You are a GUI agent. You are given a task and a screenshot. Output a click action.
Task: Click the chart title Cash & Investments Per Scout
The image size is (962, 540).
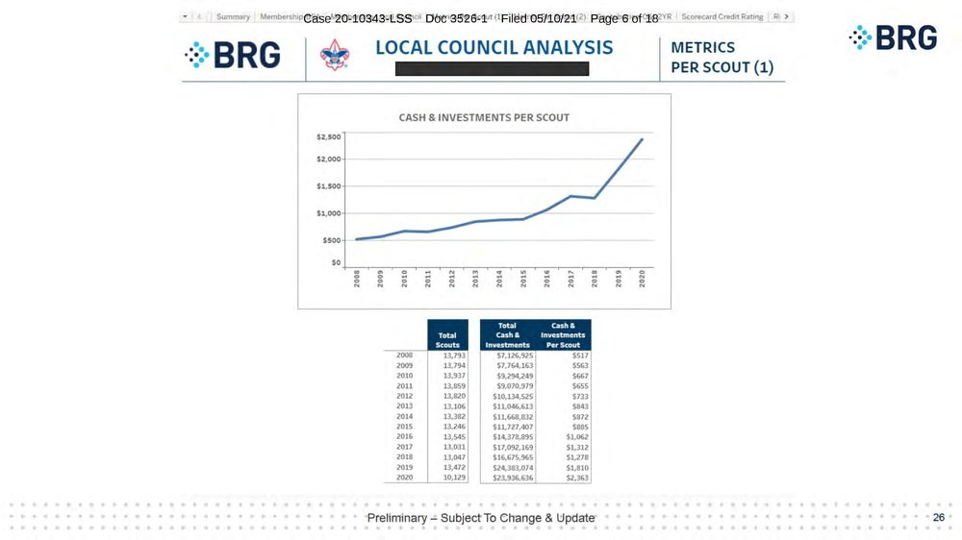[x=484, y=117]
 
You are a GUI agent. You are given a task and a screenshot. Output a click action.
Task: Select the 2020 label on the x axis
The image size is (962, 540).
[x=642, y=279]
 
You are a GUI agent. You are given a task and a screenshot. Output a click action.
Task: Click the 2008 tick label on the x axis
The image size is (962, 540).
[x=357, y=279]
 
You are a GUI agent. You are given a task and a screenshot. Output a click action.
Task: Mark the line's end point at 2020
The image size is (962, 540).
[x=642, y=139]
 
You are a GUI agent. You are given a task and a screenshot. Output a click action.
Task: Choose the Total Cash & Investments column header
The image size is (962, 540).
[x=507, y=334]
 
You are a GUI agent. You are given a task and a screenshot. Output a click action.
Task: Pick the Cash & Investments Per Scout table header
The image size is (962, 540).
[x=564, y=334]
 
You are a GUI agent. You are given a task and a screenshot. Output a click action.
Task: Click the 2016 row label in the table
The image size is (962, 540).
[x=405, y=436]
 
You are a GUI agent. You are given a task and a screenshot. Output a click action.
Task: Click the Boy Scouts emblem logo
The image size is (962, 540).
[x=334, y=55]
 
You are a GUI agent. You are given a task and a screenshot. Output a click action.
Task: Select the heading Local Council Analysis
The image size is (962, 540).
[x=494, y=47]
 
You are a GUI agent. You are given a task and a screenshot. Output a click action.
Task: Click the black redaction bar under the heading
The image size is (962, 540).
[x=492, y=69]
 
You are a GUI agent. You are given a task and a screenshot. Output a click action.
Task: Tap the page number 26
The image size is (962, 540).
[x=938, y=518]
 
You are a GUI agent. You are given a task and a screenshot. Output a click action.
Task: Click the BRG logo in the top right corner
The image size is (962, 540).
[x=893, y=38]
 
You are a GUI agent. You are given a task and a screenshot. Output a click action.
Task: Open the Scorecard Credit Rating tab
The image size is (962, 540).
[x=721, y=16]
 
